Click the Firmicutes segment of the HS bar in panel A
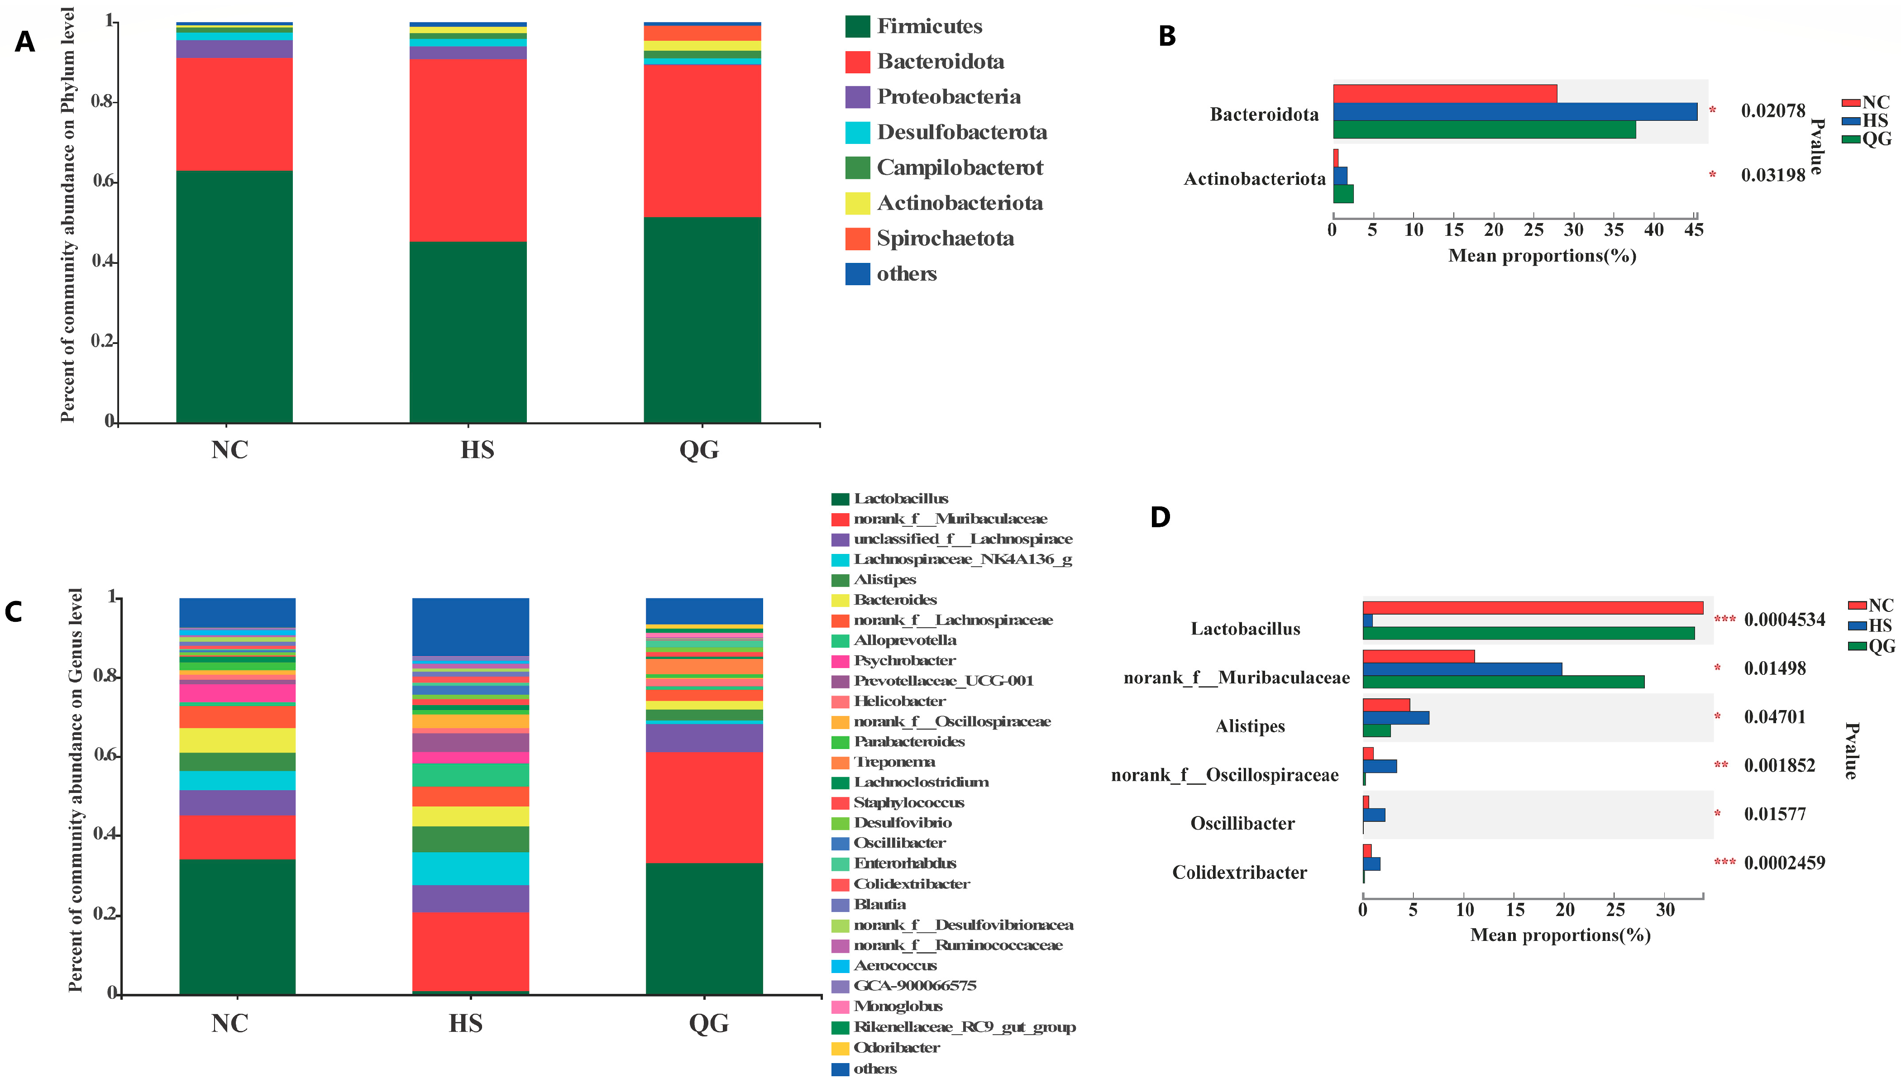pyautogui.click(x=468, y=333)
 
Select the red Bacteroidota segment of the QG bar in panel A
pyautogui.click(x=702, y=141)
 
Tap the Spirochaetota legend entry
pyautogui.click(x=930, y=239)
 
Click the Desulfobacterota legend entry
pyautogui.click(x=946, y=133)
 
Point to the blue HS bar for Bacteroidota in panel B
pyautogui.click(x=1515, y=112)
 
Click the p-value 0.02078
pyautogui.click(x=1773, y=111)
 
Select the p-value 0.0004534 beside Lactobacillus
pyautogui.click(x=1784, y=620)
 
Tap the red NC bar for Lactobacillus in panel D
pyautogui.click(x=1533, y=608)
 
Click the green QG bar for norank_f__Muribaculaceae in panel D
pyautogui.click(x=1503, y=682)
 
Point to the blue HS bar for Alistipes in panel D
pyautogui.click(x=1395, y=718)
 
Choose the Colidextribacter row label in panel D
pyautogui.click(x=1240, y=873)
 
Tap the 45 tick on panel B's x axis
pyautogui.click(x=1694, y=230)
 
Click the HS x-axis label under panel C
pyautogui.click(x=466, y=1024)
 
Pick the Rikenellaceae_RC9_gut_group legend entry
pyautogui.click(x=954, y=1027)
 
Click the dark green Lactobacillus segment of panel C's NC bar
pyautogui.click(x=237, y=927)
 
